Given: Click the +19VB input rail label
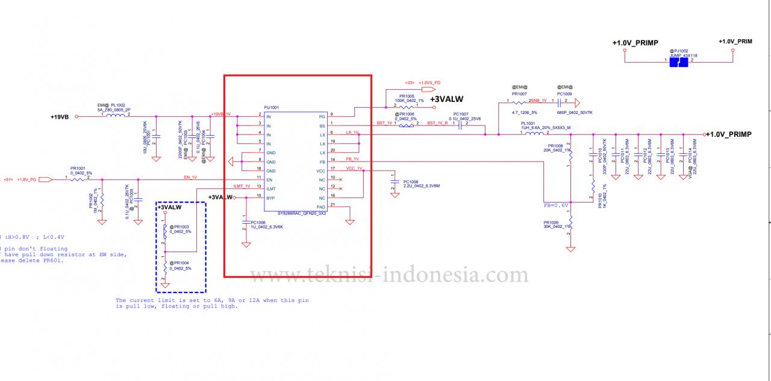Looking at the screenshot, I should tap(60, 117).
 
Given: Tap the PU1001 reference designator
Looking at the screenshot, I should tap(271, 107).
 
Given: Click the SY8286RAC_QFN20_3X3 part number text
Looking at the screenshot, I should tap(302, 213).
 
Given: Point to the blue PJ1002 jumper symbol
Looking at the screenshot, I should tap(679, 61).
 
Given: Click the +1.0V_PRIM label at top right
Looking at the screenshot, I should tap(735, 42).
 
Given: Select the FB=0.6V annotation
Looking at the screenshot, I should tap(555, 205).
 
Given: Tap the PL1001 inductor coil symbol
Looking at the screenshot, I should tap(534, 134).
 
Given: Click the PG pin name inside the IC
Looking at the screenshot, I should tap(322, 116).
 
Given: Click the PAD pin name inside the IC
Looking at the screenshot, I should tap(321, 207).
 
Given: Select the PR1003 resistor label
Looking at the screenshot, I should tap(180, 227).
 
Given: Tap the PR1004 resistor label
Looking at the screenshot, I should tap(180, 263).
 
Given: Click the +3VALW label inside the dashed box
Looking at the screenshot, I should tap(169, 207).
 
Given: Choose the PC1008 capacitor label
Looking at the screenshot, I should tap(411, 182).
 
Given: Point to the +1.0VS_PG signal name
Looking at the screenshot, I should tap(429, 82).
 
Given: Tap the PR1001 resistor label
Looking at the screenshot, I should tap(78, 169).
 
